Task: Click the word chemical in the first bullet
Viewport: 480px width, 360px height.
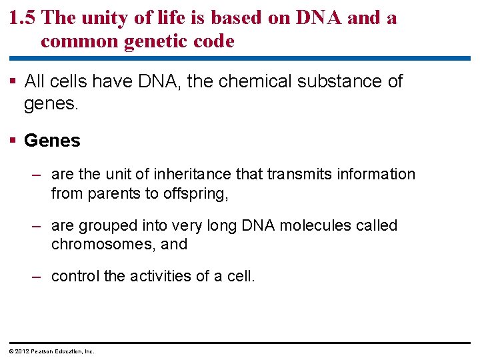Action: pos(251,82)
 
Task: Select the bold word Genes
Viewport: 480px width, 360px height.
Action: pos(52,141)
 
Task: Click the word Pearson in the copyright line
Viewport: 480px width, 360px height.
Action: pos(41,351)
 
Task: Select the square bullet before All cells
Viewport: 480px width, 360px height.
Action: pos(14,82)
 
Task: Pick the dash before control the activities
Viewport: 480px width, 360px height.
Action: pos(38,276)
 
